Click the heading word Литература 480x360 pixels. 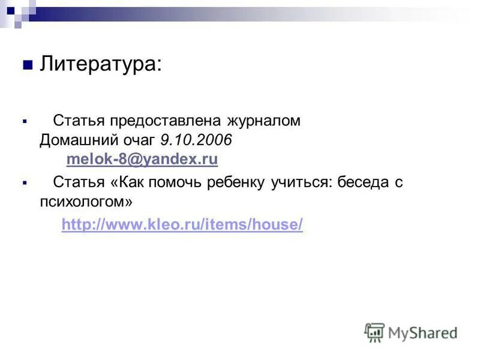(100, 64)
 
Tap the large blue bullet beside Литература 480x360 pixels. (26, 65)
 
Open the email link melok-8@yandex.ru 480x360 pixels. (142, 160)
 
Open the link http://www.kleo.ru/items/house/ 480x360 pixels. (182, 224)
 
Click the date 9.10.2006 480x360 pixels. (196, 140)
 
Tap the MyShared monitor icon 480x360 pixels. (374, 332)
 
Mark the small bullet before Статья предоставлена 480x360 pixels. (24, 121)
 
